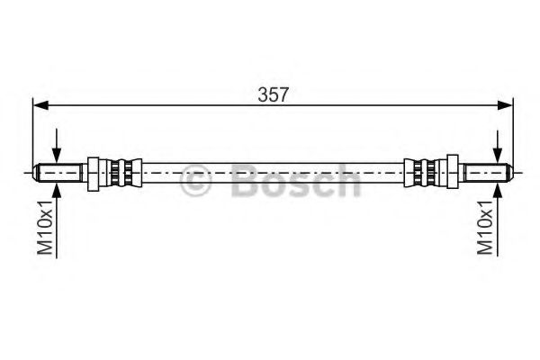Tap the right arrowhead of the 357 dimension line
pyautogui.click(x=508, y=106)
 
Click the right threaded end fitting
pyautogui.click(x=487, y=170)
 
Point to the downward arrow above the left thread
pyautogui.click(x=58, y=150)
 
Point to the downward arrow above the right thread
pyautogui.click(x=497, y=150)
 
